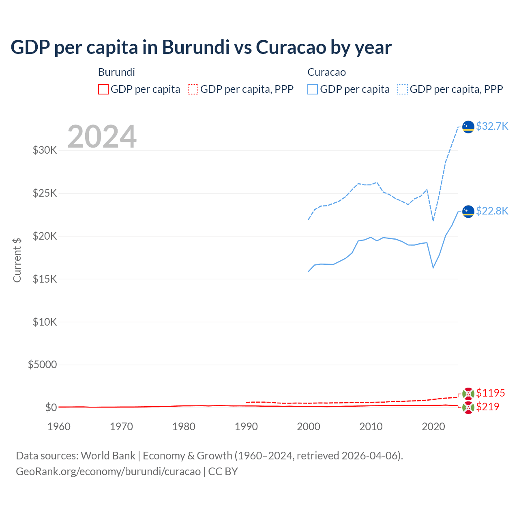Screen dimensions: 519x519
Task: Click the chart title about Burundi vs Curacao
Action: [x=201, y=47]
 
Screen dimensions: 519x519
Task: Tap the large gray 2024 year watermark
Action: [x=102, y=137]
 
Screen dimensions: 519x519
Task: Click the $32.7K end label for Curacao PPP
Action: [x=492, y=126]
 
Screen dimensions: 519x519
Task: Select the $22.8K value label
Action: [x=492, y=211]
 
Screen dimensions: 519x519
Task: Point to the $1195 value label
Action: [x=490, y=393]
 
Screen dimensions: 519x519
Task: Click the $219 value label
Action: [x=487, y=407]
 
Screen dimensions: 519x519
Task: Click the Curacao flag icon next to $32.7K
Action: [x=468, y=127]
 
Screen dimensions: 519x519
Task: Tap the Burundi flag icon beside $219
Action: [x=468, y=408]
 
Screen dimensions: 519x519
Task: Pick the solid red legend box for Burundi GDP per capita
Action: [x=103, y=89]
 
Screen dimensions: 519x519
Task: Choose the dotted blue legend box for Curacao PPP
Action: [x=403, y=89]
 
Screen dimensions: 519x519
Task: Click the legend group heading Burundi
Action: [x=116, y=72]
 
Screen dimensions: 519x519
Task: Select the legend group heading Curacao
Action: [x=326, y=72]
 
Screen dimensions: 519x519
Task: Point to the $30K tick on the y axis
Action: [x=45, y=150]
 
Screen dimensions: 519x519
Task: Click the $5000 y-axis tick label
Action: [x=42, y=365]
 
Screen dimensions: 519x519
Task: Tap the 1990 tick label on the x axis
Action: [x=246, y=427]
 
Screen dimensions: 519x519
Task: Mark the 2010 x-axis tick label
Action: [x=371, y=427]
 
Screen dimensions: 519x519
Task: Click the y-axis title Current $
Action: [x=17, y=260]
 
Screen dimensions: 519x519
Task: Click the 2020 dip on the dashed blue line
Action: [x=433, y=221]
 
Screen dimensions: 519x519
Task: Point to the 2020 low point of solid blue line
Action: [x=433, y=268]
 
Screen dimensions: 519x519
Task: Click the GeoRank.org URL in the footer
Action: [x=108, y=472]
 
